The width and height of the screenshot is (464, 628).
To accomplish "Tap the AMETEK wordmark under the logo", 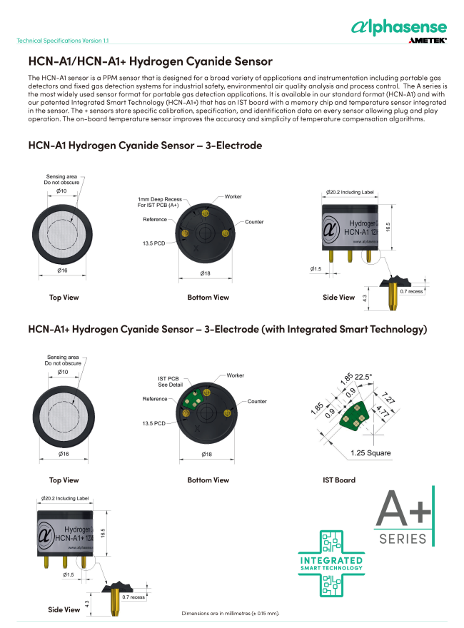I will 427,41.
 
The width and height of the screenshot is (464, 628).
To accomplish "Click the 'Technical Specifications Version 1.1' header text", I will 63,41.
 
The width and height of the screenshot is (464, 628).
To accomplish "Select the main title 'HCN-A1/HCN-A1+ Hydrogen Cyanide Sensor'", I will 150,61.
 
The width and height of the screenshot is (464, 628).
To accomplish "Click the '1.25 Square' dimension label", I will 370,453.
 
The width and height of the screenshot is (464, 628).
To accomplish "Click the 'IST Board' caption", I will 339,480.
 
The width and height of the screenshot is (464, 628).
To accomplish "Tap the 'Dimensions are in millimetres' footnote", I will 231,613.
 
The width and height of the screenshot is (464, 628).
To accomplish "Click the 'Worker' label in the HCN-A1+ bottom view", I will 236,375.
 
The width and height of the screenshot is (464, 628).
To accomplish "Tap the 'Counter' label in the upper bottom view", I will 254,222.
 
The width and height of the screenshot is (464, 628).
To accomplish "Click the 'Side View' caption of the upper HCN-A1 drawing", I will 338,297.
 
